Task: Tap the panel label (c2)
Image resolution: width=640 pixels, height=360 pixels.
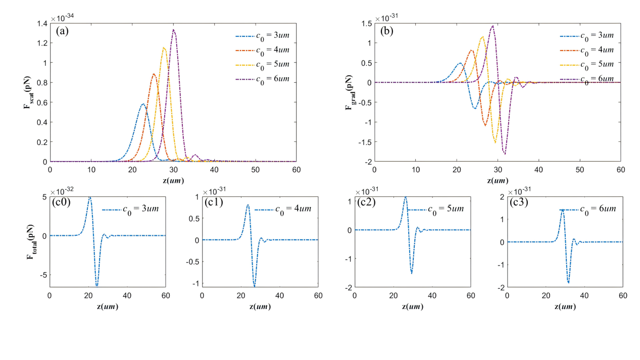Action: [x=366, y=203]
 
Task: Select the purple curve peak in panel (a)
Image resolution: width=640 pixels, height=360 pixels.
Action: [x=174, y=30]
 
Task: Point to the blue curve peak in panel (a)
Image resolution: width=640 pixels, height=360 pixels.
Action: [x=143, y=104]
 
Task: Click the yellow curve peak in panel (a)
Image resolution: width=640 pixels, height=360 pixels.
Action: [x=164, y=47]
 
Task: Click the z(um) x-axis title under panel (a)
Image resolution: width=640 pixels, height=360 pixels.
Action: [x=173, y=180]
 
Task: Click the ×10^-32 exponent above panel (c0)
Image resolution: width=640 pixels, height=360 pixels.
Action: [x=63, y=191]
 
